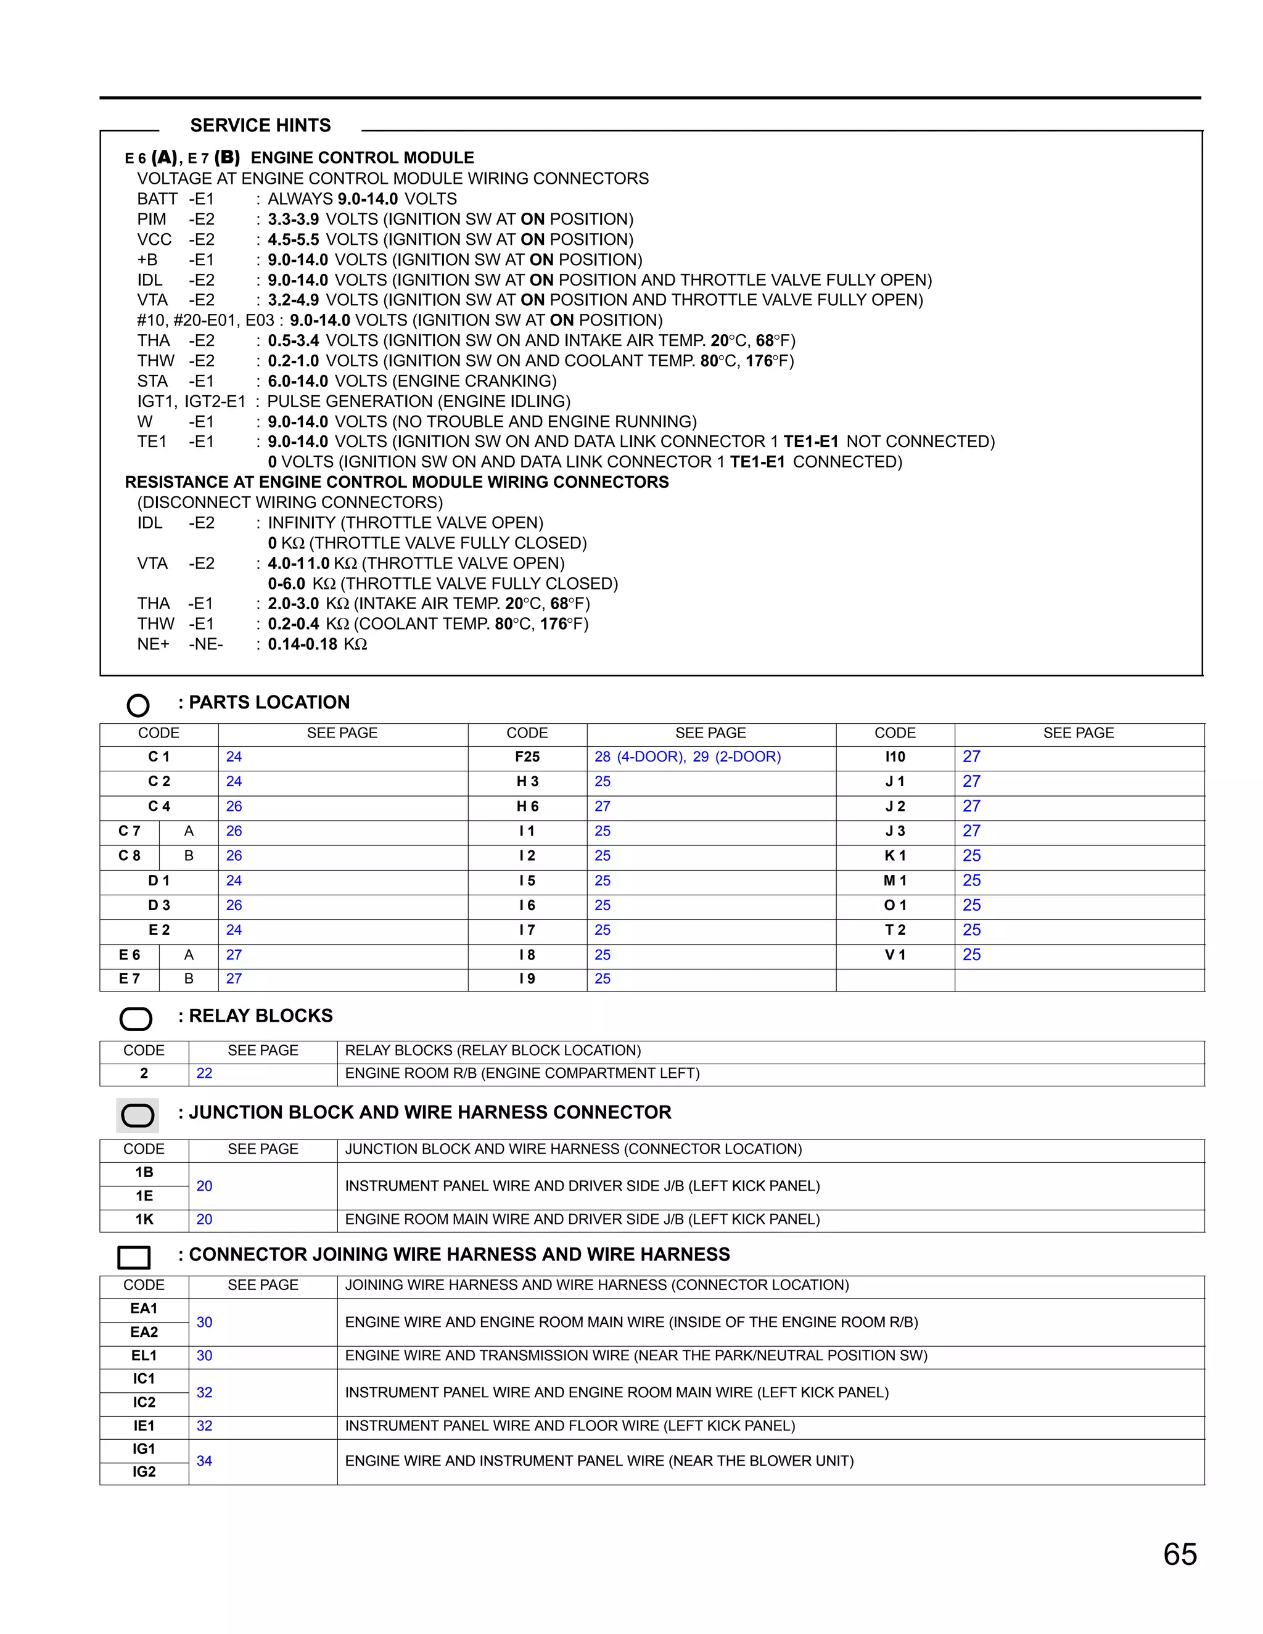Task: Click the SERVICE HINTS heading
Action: [260, 125]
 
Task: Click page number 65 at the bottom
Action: [1179, 1554]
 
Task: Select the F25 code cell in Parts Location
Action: [527, 757]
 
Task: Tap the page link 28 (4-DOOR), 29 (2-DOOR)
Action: [687, 757]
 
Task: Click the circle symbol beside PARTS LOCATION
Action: [138, 705]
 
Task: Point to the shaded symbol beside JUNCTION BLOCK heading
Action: [137, 1115]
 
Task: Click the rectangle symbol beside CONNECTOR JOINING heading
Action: [134, 1257]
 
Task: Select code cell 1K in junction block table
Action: [144, 1220]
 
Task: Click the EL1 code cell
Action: [144, 1356]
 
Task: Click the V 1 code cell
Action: [895, 955]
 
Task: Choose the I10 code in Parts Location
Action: [895, 757]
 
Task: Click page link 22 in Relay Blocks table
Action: [204, 1073]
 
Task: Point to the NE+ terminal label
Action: [154, 644]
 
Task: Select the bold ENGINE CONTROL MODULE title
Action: [362, 158]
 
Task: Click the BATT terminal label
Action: [157, 199]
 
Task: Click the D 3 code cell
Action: [158, 905]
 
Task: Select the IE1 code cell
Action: [144, 1426]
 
